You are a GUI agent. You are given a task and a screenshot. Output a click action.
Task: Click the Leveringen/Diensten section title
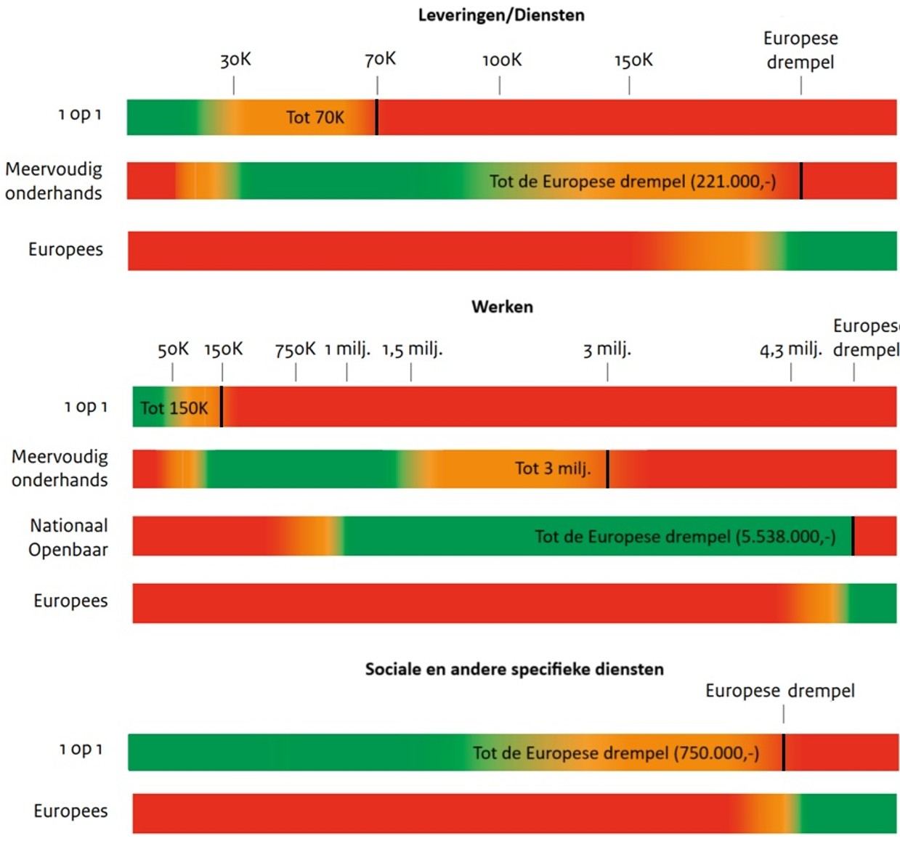(x=501, y=15)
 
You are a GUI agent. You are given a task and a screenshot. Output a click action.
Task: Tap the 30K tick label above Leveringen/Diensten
(x=235, y=60)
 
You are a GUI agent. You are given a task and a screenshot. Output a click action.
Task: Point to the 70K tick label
(x=380, y=59)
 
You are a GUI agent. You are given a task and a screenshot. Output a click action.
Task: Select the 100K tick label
(x=502, y=60)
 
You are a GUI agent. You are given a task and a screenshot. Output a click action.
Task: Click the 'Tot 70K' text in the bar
(x=315, y=117)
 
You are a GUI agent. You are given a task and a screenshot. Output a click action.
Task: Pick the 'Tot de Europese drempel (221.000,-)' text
(x=632, y=181)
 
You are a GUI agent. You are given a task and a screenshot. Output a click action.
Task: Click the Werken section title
(x=502, y=307)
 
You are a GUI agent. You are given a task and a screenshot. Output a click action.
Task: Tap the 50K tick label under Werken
(x=173, y=349)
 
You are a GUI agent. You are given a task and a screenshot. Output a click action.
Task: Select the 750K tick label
(x=295, y=349)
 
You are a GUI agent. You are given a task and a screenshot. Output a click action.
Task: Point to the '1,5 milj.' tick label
(x=412, y=349)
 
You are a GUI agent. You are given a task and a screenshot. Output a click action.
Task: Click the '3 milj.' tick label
(x=607, y=349)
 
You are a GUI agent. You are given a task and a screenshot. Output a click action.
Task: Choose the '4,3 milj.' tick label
(x=790, y=349)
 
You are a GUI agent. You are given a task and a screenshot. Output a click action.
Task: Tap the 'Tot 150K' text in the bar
(x=174, y=407)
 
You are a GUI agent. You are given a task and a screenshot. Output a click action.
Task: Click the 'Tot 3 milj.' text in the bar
(x=553, y=468)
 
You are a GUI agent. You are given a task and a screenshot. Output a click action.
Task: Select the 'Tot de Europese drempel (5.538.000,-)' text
(x=685, y=537)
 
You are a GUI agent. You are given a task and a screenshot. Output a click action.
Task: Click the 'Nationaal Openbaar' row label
(x=68, y=537)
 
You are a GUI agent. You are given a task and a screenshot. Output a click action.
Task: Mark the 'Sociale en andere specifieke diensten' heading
(x=514, y=669)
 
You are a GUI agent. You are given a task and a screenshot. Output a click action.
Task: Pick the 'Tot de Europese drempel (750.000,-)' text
(x=616, y=752)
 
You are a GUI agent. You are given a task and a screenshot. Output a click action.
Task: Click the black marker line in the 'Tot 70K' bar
(x=376, y=117)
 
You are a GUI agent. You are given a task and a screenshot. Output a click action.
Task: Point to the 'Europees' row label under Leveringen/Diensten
(x=65, y=250)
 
